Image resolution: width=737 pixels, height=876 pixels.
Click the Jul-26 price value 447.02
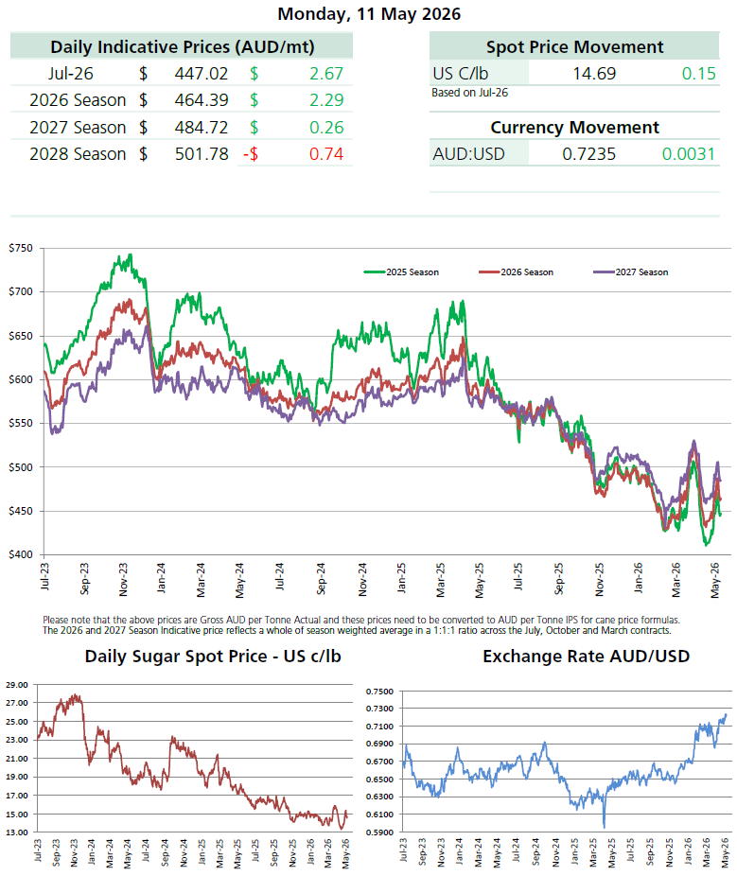coord(202,74)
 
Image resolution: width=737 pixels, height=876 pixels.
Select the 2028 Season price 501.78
coord(202,154)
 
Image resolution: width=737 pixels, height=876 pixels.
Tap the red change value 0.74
coord(326,154)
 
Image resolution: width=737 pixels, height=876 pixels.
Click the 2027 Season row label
coord(78,128)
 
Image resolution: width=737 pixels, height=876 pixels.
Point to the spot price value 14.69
coord(594,74)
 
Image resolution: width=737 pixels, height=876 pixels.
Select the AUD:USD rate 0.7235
coord(588,154)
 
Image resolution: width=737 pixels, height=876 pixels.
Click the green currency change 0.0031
coord(689,154)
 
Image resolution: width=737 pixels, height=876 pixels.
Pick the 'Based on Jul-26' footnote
coord(469,93)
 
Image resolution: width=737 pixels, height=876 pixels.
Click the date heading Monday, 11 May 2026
coord(369,14)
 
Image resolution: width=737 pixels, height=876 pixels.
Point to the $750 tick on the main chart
coord(21,248)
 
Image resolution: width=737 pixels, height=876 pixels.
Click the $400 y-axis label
coord(21,554)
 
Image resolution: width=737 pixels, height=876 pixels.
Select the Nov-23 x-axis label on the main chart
coord(123,580)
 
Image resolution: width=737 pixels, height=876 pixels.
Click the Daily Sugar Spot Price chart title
coord(213,656)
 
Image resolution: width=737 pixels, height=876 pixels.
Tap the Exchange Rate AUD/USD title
coord(587,656)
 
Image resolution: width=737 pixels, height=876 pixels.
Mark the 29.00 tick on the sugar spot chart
coord(17,684)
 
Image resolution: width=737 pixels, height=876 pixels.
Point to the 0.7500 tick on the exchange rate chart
coord(379,692)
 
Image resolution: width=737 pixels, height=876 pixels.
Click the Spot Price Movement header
coord(574,47)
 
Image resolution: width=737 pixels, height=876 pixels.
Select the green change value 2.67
coord(326,74)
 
